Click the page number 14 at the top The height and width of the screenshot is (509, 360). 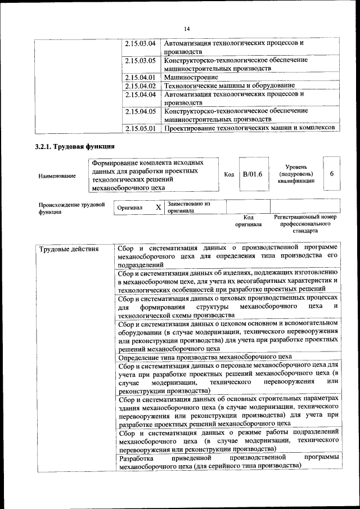pos(187,29)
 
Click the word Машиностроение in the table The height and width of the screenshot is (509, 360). pos(191,77)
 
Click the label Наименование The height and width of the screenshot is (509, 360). pos(57,176)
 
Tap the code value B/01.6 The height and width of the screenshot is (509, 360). pos(253,174)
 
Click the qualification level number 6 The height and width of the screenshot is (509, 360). pos(332,174)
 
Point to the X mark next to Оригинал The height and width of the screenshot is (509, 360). pos(159,208)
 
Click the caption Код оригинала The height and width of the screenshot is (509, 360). pos(248,220)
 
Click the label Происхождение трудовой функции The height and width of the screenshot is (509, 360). pos(71,208)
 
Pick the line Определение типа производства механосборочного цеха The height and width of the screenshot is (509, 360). pos(205,357)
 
